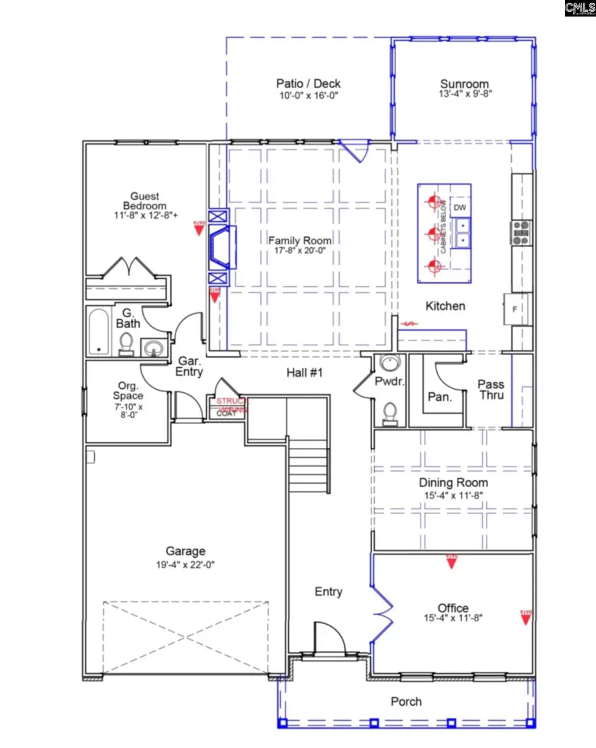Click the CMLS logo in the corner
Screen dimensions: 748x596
[x=581, y=9]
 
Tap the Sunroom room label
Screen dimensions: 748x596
[x=465, y=84]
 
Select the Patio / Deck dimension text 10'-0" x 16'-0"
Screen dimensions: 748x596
[x=308, y=95]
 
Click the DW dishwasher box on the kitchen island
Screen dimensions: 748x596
[x=460, y=207]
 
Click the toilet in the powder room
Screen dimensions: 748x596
[x=390, y=413]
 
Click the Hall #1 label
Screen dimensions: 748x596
[x=304, y=374]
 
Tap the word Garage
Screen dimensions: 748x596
[x=185, y=551]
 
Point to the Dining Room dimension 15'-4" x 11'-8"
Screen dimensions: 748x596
[x=453, y=495]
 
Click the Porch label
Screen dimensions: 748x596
[x=406, y=702]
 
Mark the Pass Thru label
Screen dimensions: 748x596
[x=491, y=390]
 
